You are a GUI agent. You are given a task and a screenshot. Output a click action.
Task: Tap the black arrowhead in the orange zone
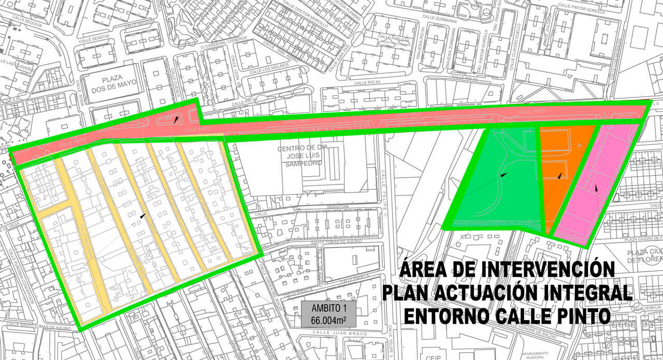(559, 176)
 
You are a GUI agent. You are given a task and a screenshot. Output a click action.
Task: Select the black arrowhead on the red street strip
(177, 120)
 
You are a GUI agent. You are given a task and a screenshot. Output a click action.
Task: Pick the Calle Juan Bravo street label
(331, 333)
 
